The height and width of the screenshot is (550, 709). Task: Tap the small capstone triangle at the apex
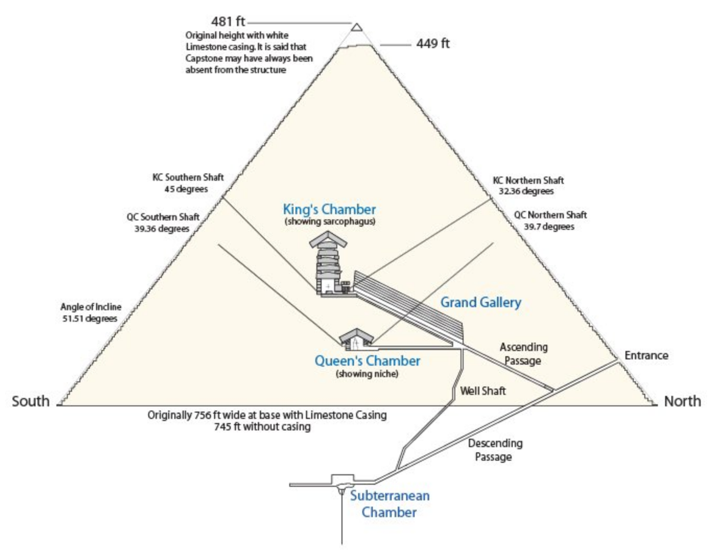pyautogui.click(x=356, y=27)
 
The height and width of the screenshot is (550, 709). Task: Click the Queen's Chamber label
pyautogui.click(x=367, y=361)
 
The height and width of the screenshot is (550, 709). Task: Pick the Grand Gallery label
pyautogui.click(x=481, y=302)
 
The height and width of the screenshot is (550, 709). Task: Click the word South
pyautogui.click(x=31, y=402)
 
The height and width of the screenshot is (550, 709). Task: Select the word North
pyautogui.click(x=683, y=402)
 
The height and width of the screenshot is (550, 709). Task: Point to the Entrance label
pyautogui.click(x=646, y=356)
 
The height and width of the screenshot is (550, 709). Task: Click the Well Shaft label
pyautogui.click(x=483, y=391)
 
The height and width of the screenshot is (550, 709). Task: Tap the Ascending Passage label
pyautogui.click(x=524, y=354)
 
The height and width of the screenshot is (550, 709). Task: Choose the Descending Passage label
pyautogui.click(x=494, y=450)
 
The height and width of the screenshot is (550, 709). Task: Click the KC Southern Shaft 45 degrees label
pyautogui.click(x=188, y=183)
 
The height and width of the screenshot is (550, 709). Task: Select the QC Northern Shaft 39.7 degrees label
pyautogui.click(x=550, y=221)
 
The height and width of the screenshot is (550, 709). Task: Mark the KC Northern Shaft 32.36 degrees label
pyautogui.click(x=528, y=186)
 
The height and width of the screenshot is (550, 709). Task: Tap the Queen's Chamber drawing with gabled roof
pyautogui.click(x=357, y=339)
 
